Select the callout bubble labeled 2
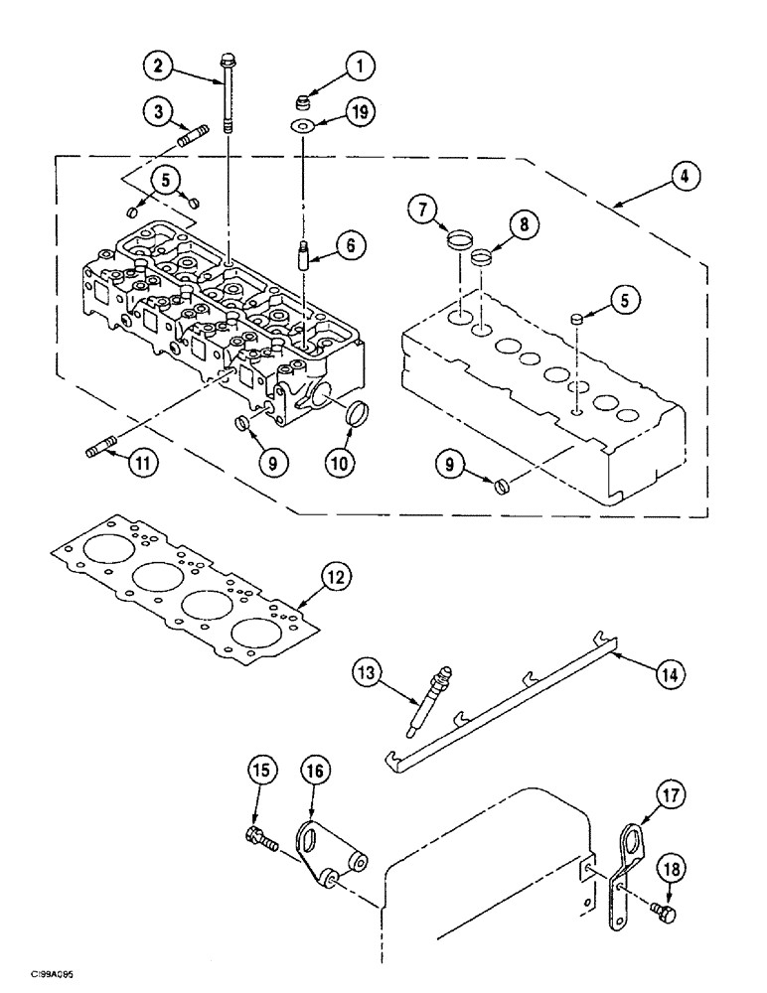(x=155, y=67)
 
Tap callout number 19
(x=360, y=112)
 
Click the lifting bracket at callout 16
(x=333, y=844)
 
